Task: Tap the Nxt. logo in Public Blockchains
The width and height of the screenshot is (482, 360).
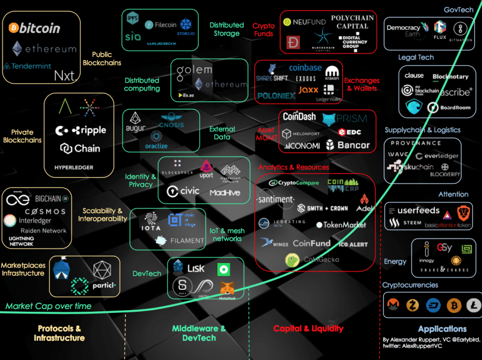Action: tap(66, 76)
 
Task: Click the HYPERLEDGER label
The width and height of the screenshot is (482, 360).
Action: tap(74, 167)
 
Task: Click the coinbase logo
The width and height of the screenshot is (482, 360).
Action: tap(305, 68)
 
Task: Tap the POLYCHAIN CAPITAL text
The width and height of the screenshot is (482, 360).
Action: tap(352, 22)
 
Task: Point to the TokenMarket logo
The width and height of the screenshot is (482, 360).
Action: tap(341, 225)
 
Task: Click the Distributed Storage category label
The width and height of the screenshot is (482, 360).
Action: tap(227, 29)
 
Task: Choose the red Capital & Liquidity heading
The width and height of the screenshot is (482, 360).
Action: tap(308, 328)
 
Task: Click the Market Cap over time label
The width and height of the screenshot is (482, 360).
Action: tap(49, 306)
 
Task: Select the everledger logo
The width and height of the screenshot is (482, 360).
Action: tap(436, 156)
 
